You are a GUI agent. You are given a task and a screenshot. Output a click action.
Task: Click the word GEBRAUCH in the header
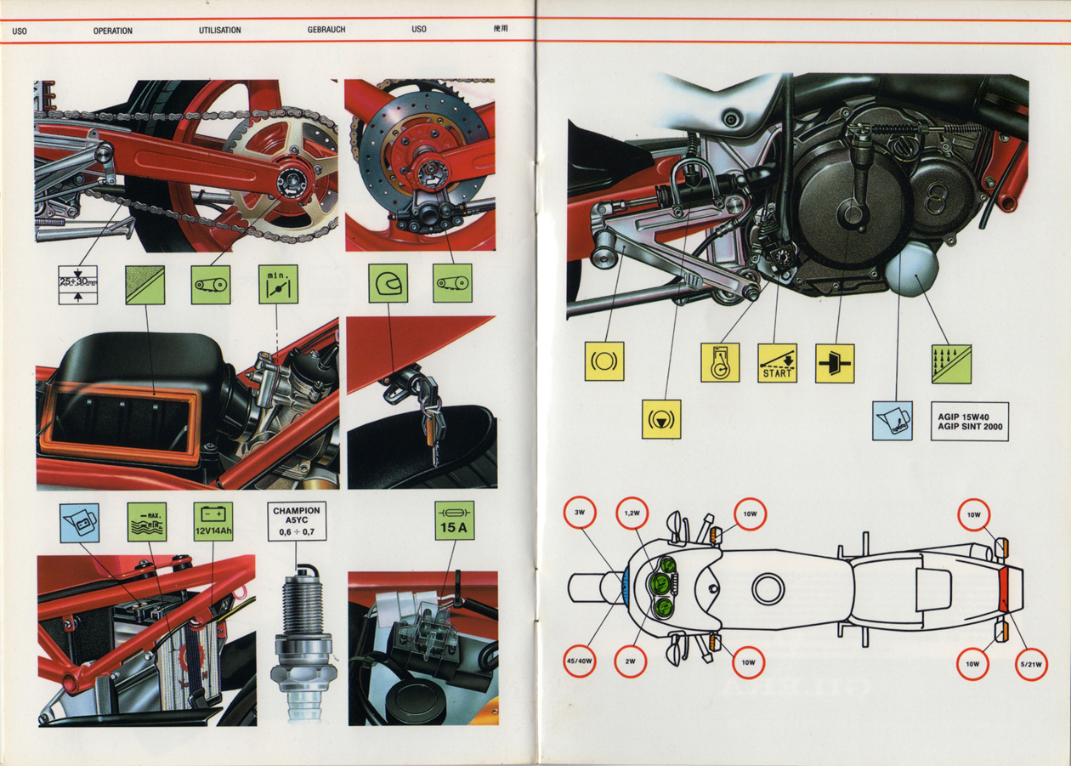click(x=326, y=31)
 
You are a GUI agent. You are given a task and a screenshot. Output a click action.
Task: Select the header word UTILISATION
click(x=219, y=31)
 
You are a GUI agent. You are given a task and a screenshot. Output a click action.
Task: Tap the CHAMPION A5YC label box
click(x=296, y=521)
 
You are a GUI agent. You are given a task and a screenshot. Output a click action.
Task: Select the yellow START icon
click(x=777, y=363)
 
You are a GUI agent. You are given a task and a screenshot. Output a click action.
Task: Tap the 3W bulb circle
click(x=581, y=513)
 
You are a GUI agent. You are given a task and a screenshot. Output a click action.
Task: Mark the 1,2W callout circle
click(x=632, y=513)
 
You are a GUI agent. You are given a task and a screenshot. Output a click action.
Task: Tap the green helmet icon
click(x=388, y=283)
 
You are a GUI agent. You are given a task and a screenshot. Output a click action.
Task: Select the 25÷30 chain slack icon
click(x=77, y=285)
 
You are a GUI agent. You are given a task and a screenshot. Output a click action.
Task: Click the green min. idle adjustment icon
click(x=278, y=284)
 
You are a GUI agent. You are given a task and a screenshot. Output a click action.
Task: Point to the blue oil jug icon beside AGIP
click(x=892, y=421)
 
